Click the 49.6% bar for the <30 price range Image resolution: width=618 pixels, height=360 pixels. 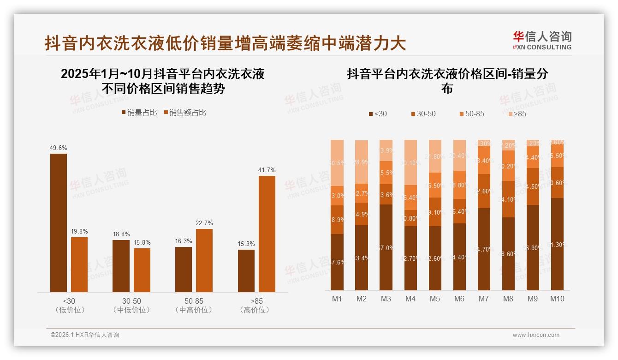click(x=59, y=222)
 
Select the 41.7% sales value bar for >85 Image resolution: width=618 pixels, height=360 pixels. click(x=267, y=234)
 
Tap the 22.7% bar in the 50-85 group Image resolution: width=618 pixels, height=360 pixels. click(x=204, y=260)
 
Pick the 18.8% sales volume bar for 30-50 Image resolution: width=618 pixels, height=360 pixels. click(x=121, y=266)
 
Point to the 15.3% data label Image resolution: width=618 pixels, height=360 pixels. click(x=246, y=244)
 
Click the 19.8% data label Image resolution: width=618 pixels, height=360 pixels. click(x=79, y=232)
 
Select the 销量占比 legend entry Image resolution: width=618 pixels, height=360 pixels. click(x=139, y=113)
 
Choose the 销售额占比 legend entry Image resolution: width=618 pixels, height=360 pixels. click(x=185, y=113)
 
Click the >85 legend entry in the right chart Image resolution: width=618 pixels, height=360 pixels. click(x=517, y=114)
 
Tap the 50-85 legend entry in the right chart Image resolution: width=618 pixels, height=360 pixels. click(x=472, y=114)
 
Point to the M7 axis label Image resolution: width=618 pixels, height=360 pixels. click(x=484, y=299)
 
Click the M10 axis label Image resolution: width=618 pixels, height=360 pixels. click(x=557, y=299)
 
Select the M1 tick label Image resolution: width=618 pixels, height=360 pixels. click(x=337, y=299)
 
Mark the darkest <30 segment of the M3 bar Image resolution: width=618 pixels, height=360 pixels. click(x=386, y=247)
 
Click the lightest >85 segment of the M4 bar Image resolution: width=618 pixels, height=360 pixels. click(x=410, y=162)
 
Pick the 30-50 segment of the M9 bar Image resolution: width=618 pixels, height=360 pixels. click(x=533, y=186)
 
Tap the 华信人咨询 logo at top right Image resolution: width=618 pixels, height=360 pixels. click(x=542, y=40)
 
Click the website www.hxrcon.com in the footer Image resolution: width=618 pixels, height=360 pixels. click(x=536, y=335)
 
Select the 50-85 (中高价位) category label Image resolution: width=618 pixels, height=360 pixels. click(x=194, y=306)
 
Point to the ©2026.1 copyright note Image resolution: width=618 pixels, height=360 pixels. click(x=85, y=335)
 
